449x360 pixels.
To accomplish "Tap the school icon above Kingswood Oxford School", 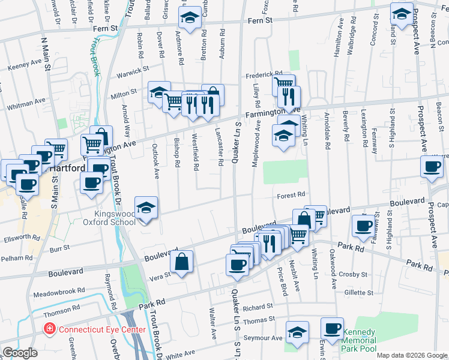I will [x=146, y=208].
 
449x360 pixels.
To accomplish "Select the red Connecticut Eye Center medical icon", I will [x=47, y=329].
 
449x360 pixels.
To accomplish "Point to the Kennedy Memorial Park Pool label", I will [x=358, y=340].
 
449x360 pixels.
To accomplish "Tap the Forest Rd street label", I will [x=292, y=195].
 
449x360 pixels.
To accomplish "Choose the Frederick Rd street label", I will [x=263, y=76].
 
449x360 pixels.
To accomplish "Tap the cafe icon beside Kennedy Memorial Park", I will [x=332, y=329].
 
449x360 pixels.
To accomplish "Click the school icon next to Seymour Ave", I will [x=297, y=332].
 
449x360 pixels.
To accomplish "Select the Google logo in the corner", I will [x=19, y=353].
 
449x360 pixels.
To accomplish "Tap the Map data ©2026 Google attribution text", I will [x=411, y=355].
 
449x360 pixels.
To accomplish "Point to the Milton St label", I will [x=124, y=95].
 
